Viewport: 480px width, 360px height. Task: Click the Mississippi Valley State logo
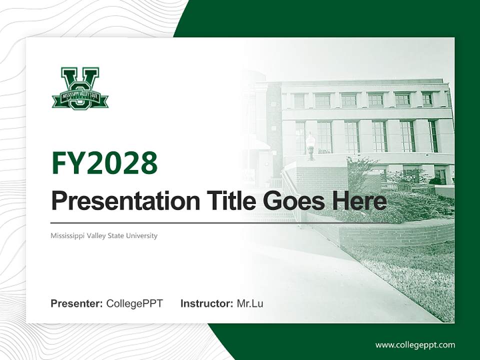pyautogui.click(x=80, y=88)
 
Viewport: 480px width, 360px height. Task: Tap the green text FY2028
pyautogui.click(x=104, y=163)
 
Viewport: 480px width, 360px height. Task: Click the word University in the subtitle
pyautogui.click(x=141, y=235)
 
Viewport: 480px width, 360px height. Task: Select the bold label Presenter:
pyautogui.click(x=77, y=303)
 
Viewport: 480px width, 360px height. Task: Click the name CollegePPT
pyautogui.click(x=134, y=303)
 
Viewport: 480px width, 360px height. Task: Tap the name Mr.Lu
pyautogui.click(x=250, y=303)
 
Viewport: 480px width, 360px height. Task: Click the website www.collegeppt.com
pyautogui.click(x=415, y=344)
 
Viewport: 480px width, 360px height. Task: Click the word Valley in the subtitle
pyautogui.click(x=95, y=235)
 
